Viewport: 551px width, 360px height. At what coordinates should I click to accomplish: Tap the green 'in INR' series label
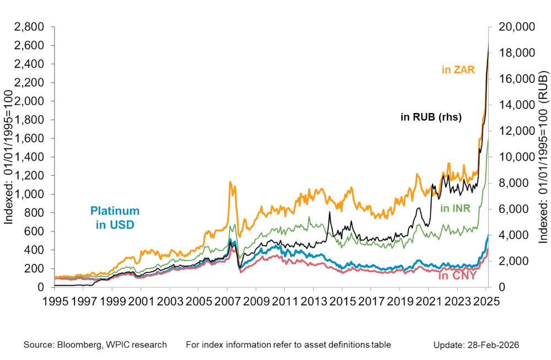point(455,208)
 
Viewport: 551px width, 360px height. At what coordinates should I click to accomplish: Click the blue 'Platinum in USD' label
point(115,218)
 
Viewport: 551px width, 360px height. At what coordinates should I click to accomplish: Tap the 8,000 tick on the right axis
point(511,183)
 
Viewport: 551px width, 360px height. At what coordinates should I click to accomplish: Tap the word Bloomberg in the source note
point(77,345)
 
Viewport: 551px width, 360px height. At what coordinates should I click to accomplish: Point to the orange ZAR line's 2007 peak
point(230,182)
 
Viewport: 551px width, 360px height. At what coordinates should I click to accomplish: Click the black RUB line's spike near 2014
point(329,212)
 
